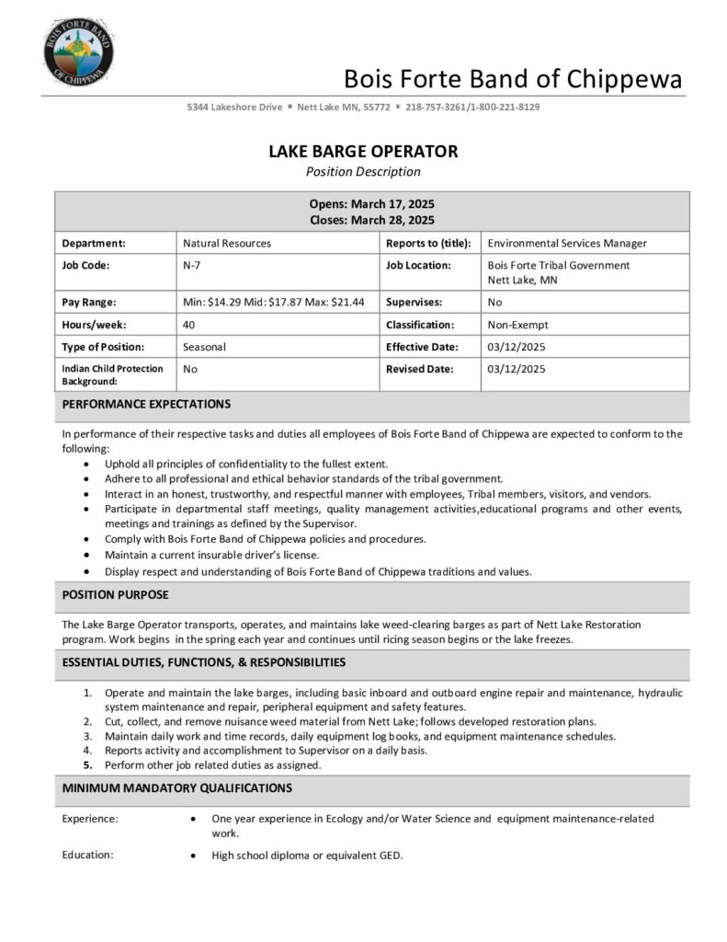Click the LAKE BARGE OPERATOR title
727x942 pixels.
363,151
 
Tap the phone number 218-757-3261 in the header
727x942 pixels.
437,107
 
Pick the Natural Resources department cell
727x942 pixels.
227,243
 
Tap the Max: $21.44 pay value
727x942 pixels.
335,302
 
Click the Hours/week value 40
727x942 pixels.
188,325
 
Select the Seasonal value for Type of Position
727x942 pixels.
204,347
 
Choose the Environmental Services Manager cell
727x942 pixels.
567,243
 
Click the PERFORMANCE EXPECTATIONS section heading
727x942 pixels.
146,404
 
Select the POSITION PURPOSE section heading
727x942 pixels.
115,595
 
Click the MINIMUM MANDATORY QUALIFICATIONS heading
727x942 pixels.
176,788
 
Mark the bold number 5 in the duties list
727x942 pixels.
88,765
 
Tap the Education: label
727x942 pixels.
87,855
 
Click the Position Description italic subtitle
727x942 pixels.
363,171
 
